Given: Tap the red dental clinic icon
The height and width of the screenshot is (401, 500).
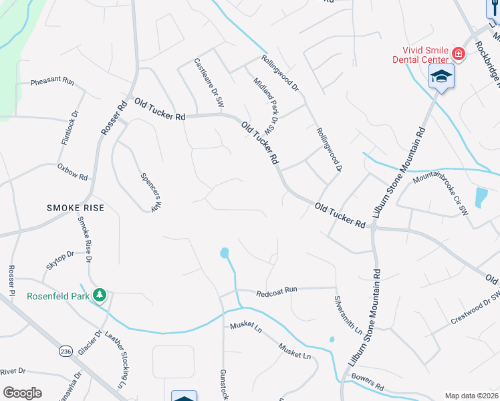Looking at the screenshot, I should pos(459,53).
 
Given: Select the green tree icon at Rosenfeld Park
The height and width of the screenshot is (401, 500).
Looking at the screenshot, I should pos(100,294).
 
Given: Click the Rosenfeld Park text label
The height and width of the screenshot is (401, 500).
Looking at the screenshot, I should pos(59,296).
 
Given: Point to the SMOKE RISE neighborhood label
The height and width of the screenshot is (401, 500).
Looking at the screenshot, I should pos(76,208).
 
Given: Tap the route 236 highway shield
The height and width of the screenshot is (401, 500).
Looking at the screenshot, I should pos(66,352).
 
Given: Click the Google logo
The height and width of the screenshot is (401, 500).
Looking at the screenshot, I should pos(22,393).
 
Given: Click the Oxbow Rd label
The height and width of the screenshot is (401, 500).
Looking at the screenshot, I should pos(72,172).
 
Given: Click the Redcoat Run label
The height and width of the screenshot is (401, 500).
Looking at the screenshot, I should pos(276,292).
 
